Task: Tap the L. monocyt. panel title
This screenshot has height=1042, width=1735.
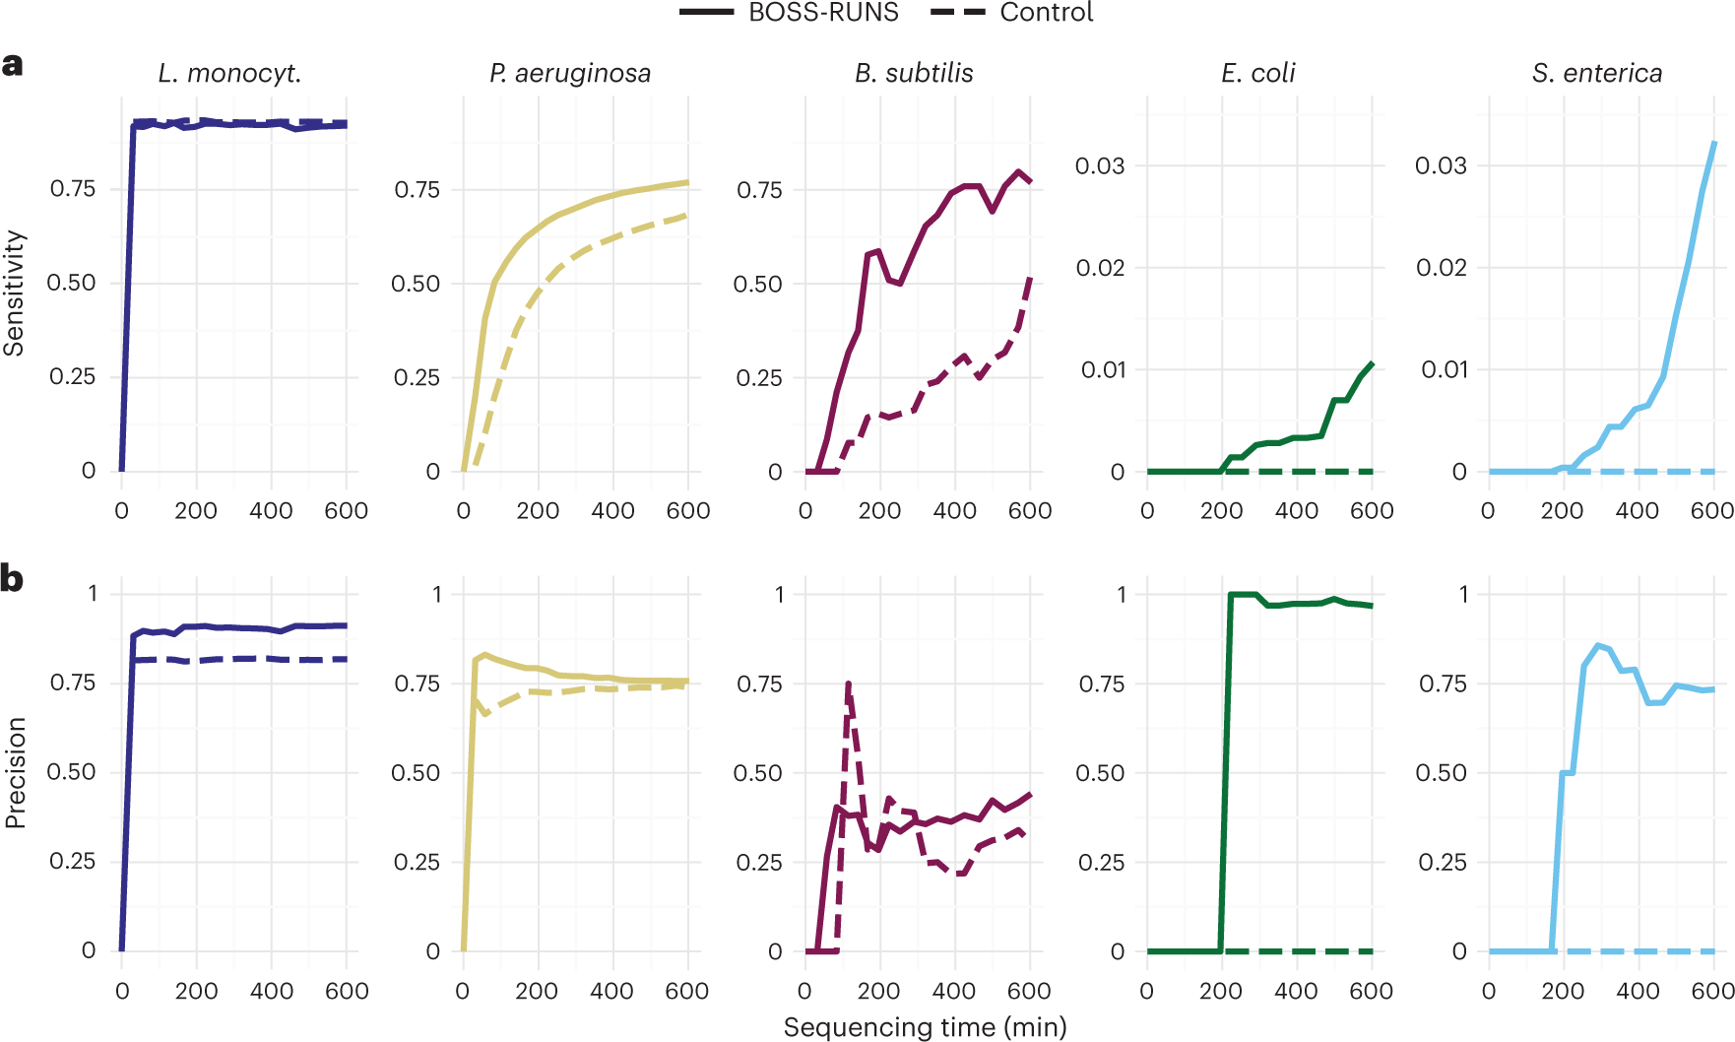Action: pyautogui.click(x=229, y=73)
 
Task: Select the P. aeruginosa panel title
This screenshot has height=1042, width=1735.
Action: pyautogui.click(x=570, y=73)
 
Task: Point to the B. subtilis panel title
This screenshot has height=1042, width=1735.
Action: pyautogui.click(x=914, y=73)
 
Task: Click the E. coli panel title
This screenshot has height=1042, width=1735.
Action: pyautogui.click(x=1257, y=73)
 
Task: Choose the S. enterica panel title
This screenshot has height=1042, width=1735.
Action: pyautogui.click(x=1596, y=73)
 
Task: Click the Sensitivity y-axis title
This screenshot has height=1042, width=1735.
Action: pyautogui.click(x=14, y=293)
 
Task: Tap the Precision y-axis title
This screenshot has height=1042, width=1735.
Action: pyautogui.click(x=14, y=772)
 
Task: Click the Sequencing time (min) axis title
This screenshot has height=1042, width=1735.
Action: pyautogui.click(x=925, y=1027)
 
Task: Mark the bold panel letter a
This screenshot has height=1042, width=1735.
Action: pyautogui.click(x=12, y=65)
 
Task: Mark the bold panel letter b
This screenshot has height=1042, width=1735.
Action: pyautogui.click(x=12, y=578)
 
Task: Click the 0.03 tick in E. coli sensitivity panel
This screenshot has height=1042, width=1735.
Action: pyautogui.click(x=1099, y=165)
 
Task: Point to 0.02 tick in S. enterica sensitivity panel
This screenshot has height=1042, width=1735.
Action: pyautogui.click(x=1441, y=268)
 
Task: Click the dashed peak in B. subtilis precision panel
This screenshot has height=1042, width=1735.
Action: pyautogui.click(x=848, y=683)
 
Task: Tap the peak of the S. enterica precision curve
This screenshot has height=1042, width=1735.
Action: pyautogui.click(x=1597, y=645)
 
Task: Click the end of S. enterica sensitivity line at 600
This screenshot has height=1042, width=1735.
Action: pyautogui.click(x=1714, y=143)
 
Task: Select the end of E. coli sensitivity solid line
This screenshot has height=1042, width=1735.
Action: pyautogui.click(x=1372, y=363)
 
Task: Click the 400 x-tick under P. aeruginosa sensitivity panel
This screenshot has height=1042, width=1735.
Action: pyautogui.click(x=612, y=510)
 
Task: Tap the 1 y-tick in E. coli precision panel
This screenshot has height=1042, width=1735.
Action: pyautogui.click(x=1121, y=594)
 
